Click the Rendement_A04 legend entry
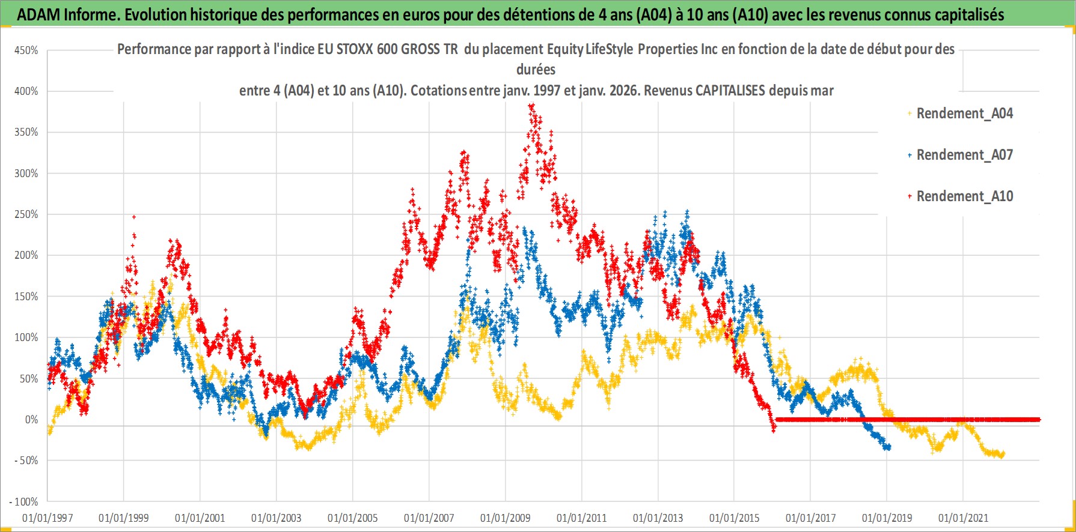(x=964, y=113)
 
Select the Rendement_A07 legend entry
(x=964, y=155)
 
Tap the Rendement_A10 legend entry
(x=964, y=196)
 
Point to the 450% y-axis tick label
(x=26, y=50)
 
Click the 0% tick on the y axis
(x=31, y=420)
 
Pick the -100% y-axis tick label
(x=24, y=501)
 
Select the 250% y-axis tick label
(x=26, y=214)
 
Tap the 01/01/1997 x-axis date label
(x=47, y=518)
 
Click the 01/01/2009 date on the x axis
(x=505, y=518)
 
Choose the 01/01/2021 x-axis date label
(x=963, y=518)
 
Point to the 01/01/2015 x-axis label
(x=734, y=518)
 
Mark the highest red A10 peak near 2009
(x=531, y=106)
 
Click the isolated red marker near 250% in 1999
(x=134, y=217)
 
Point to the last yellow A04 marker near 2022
(x=1002, y=454)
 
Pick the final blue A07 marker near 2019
(x=888, y=447)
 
